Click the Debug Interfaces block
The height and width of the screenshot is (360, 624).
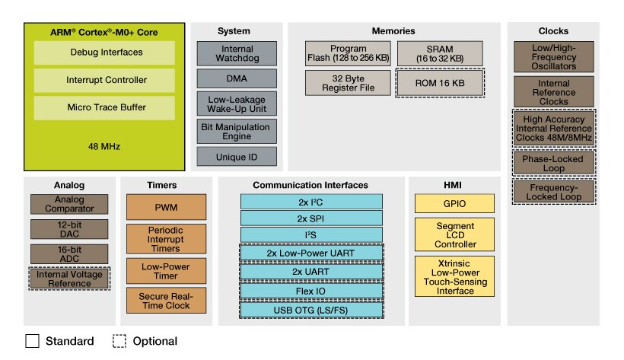[104, 53]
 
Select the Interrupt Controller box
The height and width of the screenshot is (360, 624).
[104, 80]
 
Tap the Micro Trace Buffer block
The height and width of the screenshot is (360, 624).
[104, 107]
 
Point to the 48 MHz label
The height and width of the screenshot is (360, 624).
[104, 145]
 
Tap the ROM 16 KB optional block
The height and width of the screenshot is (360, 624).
[439, 82]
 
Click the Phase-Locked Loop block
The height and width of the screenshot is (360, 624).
[553, 164]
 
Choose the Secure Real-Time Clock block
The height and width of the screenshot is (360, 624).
[166, 300]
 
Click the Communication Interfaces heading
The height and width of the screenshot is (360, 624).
[310, 185]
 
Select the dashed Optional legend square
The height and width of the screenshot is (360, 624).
[119, 342]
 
